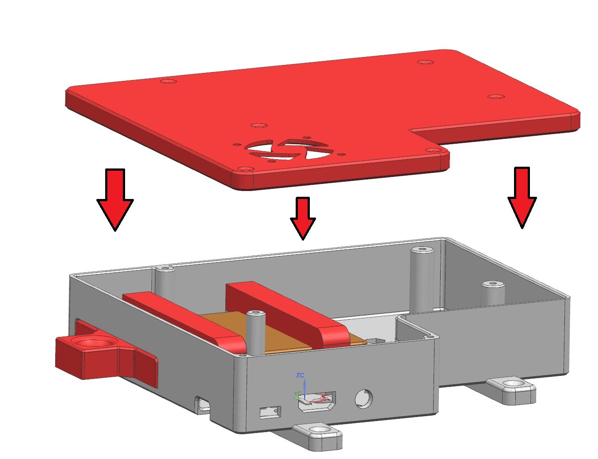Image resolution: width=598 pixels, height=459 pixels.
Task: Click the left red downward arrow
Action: pyautogui.click(x=115, y=199)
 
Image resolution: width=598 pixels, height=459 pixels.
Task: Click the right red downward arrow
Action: pyautogui.click(x=522, y=197)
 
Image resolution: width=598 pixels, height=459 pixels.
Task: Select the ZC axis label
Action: pyautogui.click(x=300, y=375)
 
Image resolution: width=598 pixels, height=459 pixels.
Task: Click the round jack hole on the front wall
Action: pyautogui.click(x=364, y=398)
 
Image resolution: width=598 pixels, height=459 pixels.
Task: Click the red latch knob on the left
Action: pyautogui.click(x=95, y=356)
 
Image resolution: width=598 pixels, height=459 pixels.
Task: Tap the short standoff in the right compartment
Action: pyautogui.click(x=492, y=292)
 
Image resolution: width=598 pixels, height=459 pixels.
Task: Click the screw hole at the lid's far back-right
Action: pyautogui.click(x=425, y=62)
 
